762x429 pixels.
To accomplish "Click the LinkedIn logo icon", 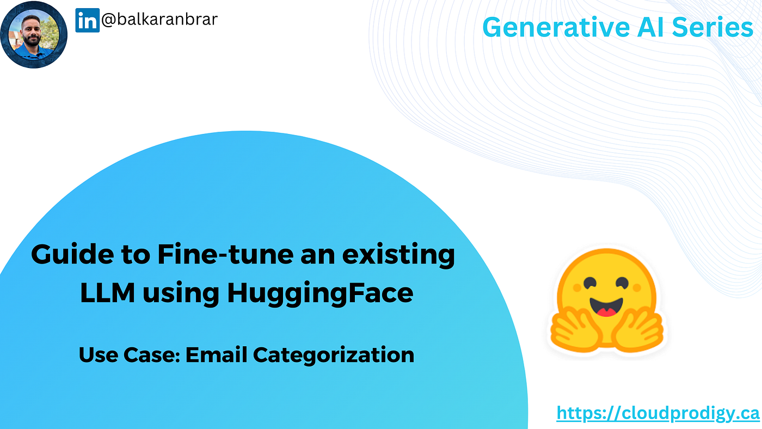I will [x=87, y=20].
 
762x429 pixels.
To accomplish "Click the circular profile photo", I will [x=34, y=34].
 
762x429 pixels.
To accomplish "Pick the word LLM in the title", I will [x=106, y=294].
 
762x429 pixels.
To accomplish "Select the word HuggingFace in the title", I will [x=320, y=294].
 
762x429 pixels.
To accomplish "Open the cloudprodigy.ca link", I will [x=657, y=414].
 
